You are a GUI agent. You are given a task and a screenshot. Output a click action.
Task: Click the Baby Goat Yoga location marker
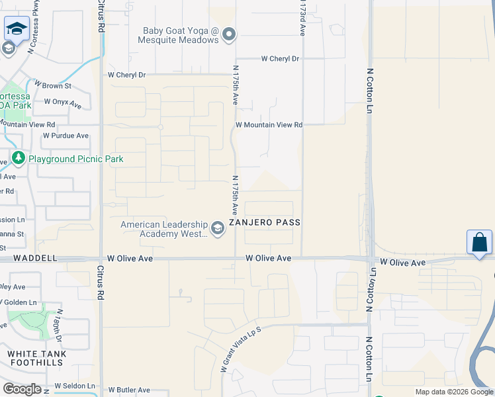229,34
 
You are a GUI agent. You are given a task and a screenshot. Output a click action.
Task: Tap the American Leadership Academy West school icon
218,229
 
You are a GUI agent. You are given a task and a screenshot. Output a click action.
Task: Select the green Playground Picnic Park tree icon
19,159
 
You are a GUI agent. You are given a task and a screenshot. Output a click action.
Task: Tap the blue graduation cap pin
16,28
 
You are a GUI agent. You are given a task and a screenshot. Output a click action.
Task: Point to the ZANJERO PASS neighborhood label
265,223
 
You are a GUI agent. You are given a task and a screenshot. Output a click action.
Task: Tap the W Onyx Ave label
62,103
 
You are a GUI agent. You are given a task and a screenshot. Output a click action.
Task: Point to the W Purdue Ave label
66,136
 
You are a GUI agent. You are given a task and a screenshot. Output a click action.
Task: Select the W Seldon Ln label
75,386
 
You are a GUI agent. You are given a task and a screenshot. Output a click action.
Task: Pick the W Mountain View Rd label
269,124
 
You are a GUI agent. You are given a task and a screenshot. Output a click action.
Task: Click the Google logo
22,389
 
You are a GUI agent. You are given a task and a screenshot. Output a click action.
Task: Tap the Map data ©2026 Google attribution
454,392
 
